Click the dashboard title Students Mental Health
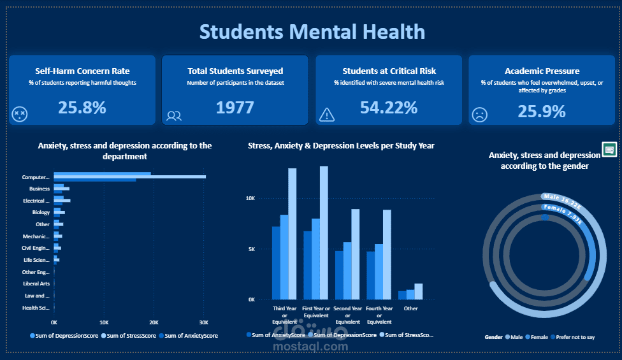coord(312,31)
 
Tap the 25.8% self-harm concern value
coord(82,108)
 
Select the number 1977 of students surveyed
coord(235,108)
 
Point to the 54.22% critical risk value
coord(389,108)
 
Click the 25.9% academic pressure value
coord(541,112)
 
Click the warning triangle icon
coord(327,114)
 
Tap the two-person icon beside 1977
coord(174,115)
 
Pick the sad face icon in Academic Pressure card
coord(479,115)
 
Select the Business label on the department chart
coord(40,189)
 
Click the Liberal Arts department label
coord(36,284)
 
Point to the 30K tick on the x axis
coord(203,322)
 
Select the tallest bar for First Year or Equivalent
coord(324,233)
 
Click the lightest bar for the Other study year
coord(419,291)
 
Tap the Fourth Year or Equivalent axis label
coord(379,315)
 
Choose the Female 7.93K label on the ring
coord(562,214)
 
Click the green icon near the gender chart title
coord(609,150)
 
